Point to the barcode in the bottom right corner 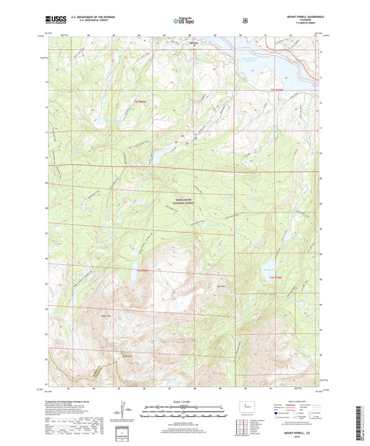click(x=362, y=422)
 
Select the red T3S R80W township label click(x=143, y=269)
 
